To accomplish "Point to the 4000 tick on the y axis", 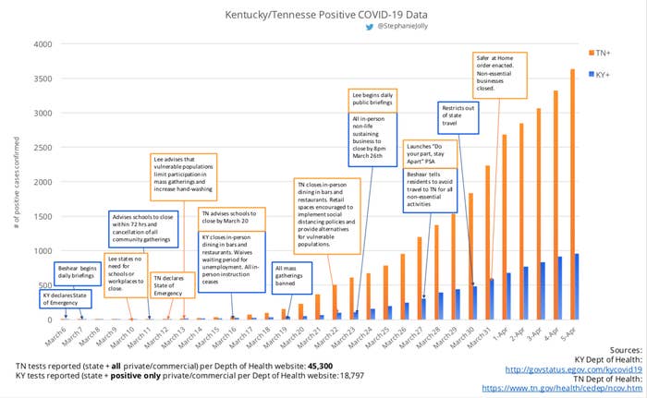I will click(x=43, y=44).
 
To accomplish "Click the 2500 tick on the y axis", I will click(x=43, y=148).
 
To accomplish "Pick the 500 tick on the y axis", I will click(x=45, y=285).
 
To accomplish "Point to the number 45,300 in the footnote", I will click(x=301, y=366).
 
